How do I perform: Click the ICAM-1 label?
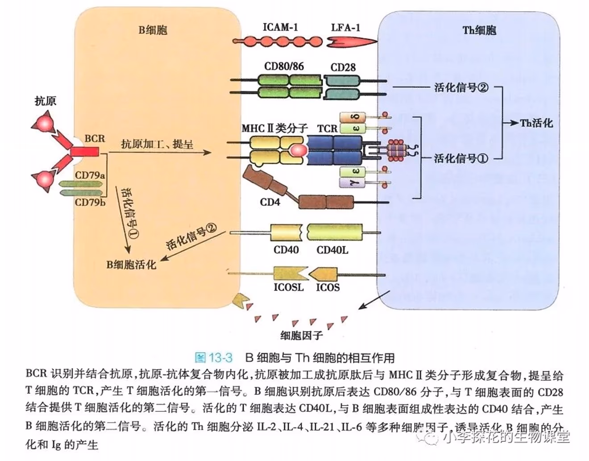pos(280,27)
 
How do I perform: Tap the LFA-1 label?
pos(345,28)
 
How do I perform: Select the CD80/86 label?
pos(284,66)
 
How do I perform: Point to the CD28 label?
pos(343,67)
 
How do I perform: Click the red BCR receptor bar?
pos(85,152)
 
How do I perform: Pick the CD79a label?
pos(90,175)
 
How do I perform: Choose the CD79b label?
pos(90,202)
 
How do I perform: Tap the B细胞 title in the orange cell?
pos(153,30)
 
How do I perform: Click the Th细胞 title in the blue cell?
pos(479,30)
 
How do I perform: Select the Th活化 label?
pos(536,123)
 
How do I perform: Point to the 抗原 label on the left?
pos(46,101)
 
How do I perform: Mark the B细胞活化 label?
pos(131,265)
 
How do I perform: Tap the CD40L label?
pos(332,250)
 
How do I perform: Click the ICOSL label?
pos(288,287)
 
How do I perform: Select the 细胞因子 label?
pos(301,335)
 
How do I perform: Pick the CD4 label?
pos(270,202)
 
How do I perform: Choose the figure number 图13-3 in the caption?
pos(214,357)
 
